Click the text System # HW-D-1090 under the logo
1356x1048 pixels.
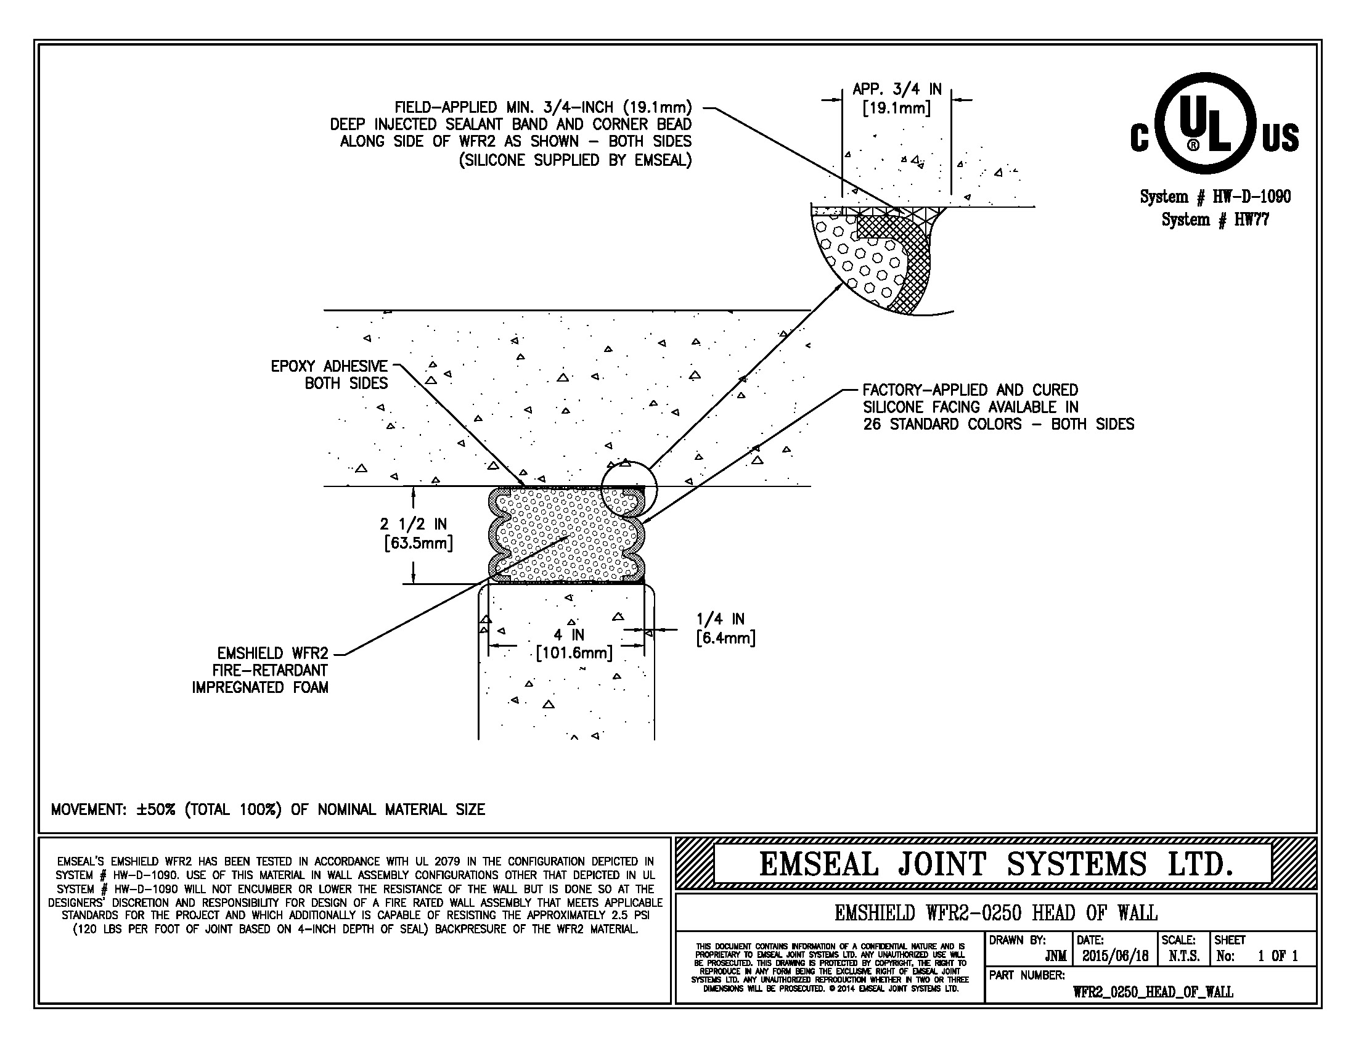1215,197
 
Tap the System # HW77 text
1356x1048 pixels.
1215,219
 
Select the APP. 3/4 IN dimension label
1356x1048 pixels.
897,98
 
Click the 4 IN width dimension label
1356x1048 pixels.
574,644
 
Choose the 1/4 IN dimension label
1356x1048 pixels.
725,628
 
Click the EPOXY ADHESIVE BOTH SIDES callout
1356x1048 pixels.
329,374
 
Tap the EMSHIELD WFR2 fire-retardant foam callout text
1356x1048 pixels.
260,670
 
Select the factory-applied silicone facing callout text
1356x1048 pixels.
998,407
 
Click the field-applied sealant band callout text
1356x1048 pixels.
511,134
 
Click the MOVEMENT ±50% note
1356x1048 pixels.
268,809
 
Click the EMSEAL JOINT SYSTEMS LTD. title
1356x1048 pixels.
995,864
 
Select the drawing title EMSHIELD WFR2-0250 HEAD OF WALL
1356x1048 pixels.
995,912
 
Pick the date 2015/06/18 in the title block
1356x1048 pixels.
1115,956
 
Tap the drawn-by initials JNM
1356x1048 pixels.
1055,956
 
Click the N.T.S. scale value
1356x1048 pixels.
1183,956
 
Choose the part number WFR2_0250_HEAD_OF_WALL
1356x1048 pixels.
1153,991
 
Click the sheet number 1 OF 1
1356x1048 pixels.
1278,956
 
